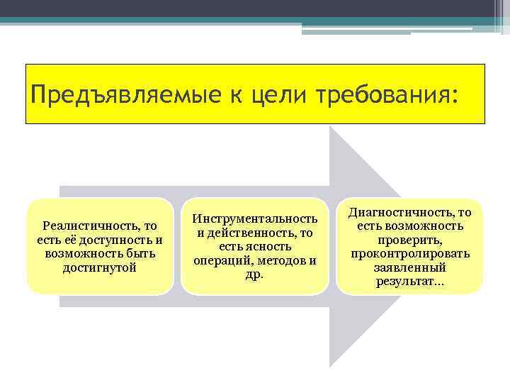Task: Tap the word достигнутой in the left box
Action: point(100,267)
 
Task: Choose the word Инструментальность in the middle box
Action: point(255,218)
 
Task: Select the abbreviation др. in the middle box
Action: point(254,274)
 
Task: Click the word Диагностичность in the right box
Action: point(400,212)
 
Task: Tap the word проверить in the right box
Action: point(410,240)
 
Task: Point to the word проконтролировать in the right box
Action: point(410,254)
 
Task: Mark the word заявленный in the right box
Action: point(410,268)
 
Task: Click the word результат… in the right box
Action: point(410,282)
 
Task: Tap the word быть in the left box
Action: point(142,253)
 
